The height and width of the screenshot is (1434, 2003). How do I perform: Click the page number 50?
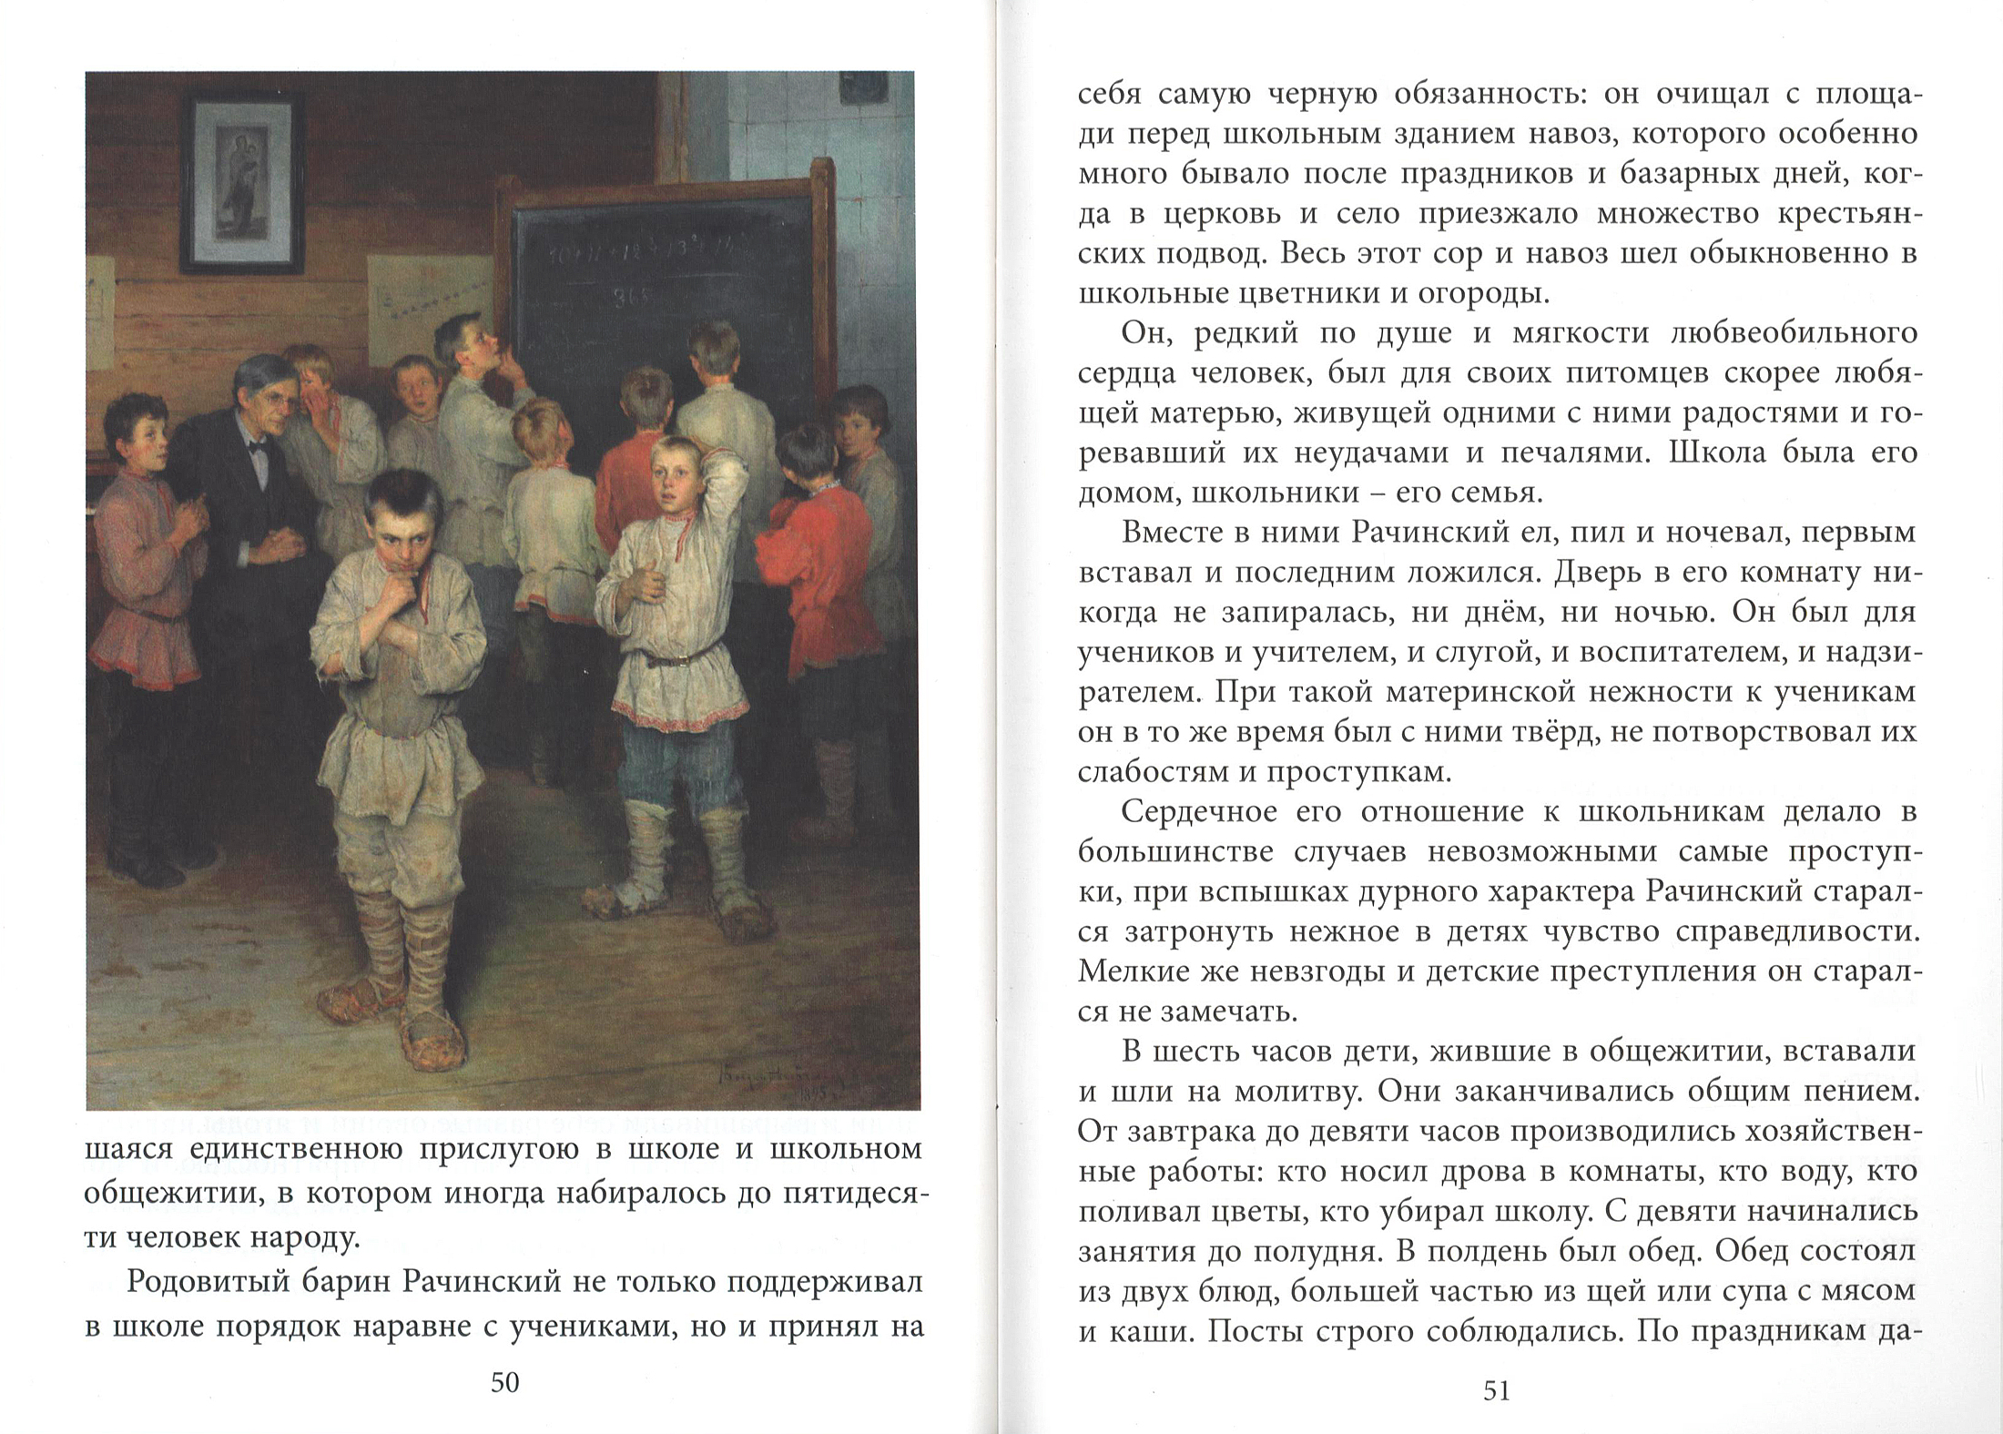[504, 1384]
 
